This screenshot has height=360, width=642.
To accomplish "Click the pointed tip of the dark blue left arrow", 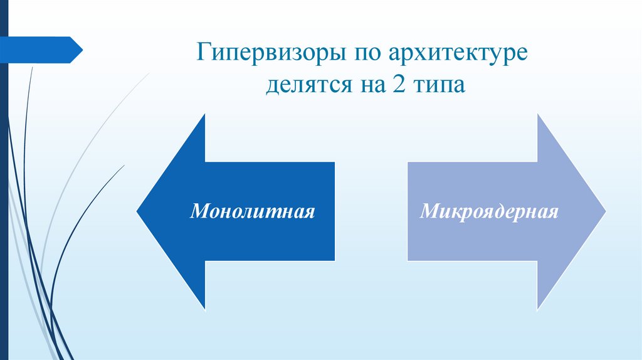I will pyautogui.click(x=138, y=211).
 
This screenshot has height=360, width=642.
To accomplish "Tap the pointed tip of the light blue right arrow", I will pyautogui.click(x=605, y=211).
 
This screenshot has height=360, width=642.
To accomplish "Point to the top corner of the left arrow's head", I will pyautogui.click(x=205, y=115).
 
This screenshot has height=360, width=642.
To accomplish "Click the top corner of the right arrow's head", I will pyautogui.click(x=538, y=115).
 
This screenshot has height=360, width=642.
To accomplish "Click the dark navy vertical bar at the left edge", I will pyautogui.click(x=4, y=188).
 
